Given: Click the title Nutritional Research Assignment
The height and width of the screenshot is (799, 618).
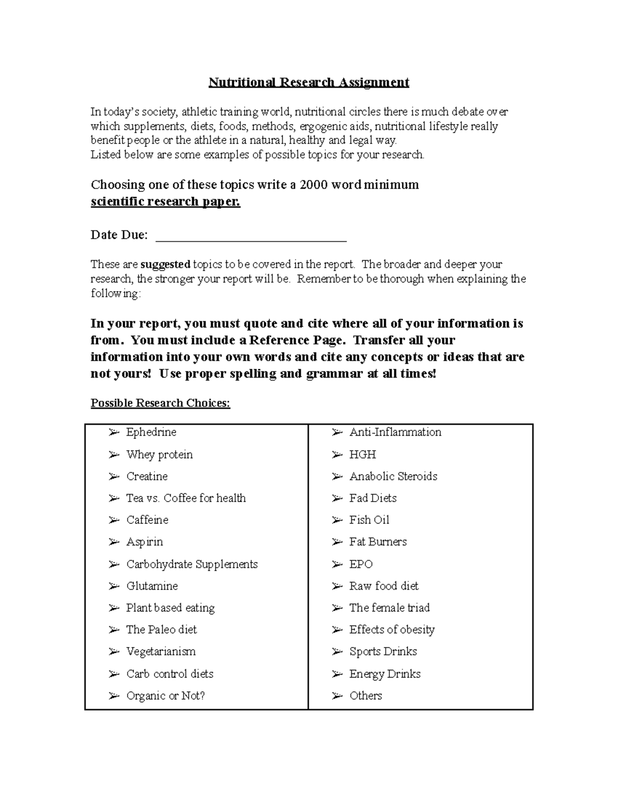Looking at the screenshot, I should tap(308, 82).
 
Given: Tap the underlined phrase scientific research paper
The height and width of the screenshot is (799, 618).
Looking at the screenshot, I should tap(165, 201).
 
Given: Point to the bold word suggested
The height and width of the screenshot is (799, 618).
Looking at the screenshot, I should tap(165, 264).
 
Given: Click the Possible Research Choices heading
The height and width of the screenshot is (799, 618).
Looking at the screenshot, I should tap(160, 403).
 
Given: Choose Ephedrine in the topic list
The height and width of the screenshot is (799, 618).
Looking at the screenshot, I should tap(151, 432).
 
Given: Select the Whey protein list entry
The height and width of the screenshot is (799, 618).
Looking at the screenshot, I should tap(159, 455).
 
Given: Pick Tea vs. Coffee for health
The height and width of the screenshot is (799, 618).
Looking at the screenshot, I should tap(186, 498).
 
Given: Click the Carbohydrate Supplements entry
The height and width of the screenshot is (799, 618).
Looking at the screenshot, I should tap(192, 564).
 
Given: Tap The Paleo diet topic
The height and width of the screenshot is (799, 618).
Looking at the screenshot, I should tap(161, 630).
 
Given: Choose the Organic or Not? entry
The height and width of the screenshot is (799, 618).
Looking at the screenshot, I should tap(165, 696).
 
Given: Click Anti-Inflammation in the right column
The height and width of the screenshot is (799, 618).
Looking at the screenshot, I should tap(395, 432).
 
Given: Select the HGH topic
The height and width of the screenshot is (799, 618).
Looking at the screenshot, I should tap(363, 455).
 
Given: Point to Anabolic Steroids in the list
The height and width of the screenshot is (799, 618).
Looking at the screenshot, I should tap(393, 476).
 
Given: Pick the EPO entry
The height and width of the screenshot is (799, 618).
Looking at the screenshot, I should tap(360, 564).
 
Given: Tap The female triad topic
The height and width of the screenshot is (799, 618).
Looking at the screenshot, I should tap(389, 608).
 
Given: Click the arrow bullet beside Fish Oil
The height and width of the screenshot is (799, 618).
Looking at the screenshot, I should tap(337, 520).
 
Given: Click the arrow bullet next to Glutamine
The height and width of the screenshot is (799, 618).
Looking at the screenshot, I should tap(114, 586).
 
